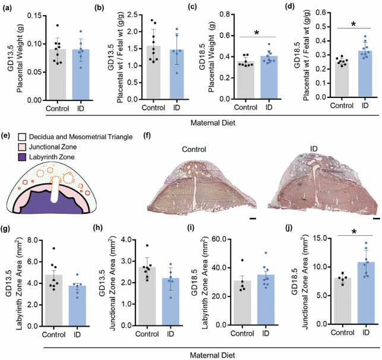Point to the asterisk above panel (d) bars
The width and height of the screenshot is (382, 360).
[x=353, y=24]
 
